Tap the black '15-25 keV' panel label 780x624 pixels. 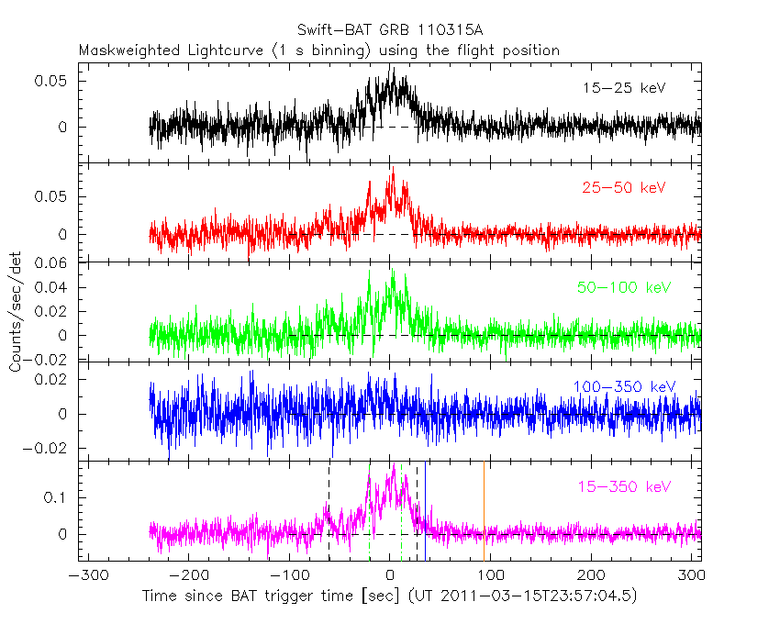[623, 88]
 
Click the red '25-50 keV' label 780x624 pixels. [623, 187]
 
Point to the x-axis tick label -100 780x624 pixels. [289, 575]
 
